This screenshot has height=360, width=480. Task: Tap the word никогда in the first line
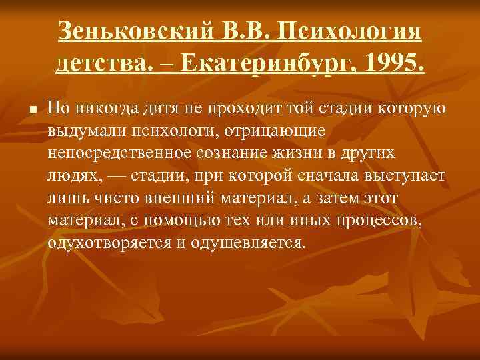[x=105, y=108]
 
